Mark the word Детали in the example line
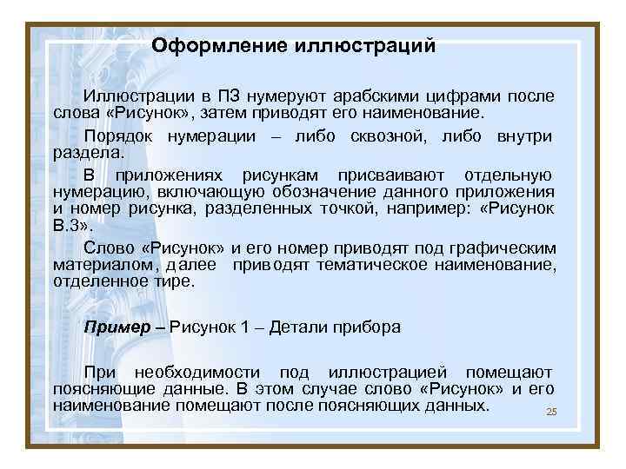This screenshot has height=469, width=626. [296, 327]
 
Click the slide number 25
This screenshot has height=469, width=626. [550, 412]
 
